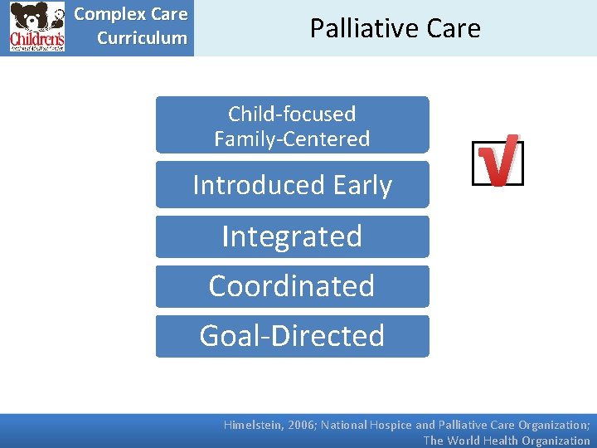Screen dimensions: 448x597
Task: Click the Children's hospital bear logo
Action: (x=36, y=27)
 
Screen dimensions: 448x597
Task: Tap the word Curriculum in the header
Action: (x=142, y=37)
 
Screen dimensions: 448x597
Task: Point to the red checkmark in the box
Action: (x=498, y=160)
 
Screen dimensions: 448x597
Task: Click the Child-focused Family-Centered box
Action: (x=292, y=125)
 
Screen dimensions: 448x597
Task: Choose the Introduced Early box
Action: (x=292, y=184)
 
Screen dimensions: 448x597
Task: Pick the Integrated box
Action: (x=292, y=236)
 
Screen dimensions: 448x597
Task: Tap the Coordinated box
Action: (x=292, y=286)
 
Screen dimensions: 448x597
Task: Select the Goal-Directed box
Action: (x=292, y=336)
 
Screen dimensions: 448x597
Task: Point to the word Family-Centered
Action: (x=292, y=139)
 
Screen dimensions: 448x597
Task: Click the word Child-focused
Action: (x=292, y=114)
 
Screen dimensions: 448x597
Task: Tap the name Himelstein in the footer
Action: (x=254, y=425)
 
